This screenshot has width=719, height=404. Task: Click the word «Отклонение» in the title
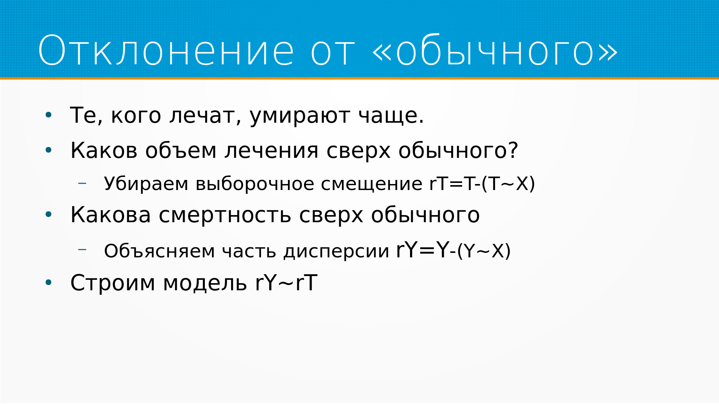(x=166, y=50)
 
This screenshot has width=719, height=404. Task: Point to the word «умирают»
(x=300, y=116)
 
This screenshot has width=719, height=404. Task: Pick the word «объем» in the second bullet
(x=181, y=150)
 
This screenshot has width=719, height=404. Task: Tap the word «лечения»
(x=271, y=151)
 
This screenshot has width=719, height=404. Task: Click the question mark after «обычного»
(x=513, y=150)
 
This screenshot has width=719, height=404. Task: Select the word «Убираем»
(x=146, y=184)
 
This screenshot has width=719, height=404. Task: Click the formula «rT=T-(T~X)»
(x=482, y=183)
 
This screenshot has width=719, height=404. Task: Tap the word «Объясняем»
(x=160, y=251)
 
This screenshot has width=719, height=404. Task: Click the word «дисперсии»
(x=336, y=251)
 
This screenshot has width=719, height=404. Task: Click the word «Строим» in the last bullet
(x=113, y=283)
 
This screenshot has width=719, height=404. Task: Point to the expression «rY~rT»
(x=286, y=282)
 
